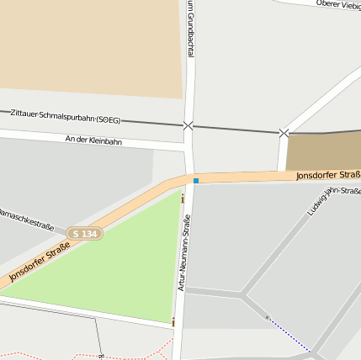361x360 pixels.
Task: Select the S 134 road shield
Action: (87, 233)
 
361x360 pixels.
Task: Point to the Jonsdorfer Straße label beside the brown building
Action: (327, 175)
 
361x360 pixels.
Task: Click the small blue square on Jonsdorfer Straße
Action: (196, 181)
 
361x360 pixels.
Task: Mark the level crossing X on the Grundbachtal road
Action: (188, 125)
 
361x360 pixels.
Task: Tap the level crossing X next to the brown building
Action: (284, 132)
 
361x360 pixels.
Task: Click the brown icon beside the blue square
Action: (183, 199)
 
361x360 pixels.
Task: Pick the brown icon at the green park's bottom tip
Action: (174, 322)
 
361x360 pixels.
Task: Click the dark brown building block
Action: (323, 151)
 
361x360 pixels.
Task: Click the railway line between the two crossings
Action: (236, 129)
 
